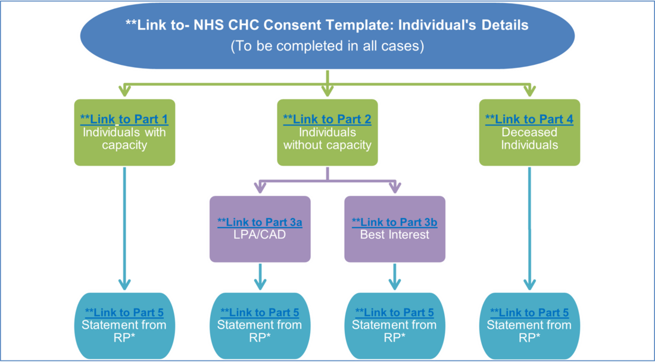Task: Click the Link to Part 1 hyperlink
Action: click(x=124, y=119)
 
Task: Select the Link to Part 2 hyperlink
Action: click(x=327, y=119)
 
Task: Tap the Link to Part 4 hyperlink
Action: click(x=529, y=119)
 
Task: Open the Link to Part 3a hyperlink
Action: click(x=260, y=222)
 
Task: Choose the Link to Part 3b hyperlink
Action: click(x=395, y=222)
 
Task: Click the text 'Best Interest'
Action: click(x=395, y=235)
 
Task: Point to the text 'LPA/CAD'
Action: click(x=260, y=235)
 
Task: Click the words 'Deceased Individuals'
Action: click(x=529, y=139)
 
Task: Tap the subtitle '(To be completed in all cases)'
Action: click(x=327, y=46)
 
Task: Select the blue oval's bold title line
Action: click(x=327, y=25)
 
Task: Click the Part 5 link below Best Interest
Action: click(x=395, y=313)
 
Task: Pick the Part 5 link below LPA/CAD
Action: click(x=260, y=313)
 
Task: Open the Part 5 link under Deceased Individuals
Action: click(x=529, y=313)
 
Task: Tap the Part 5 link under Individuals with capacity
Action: click(x=124, y=313)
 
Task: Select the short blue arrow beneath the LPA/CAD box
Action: click(x=260, y=277)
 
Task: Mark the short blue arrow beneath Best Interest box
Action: click(x=395, y=277)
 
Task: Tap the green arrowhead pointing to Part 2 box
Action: click(x=327, y=90)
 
